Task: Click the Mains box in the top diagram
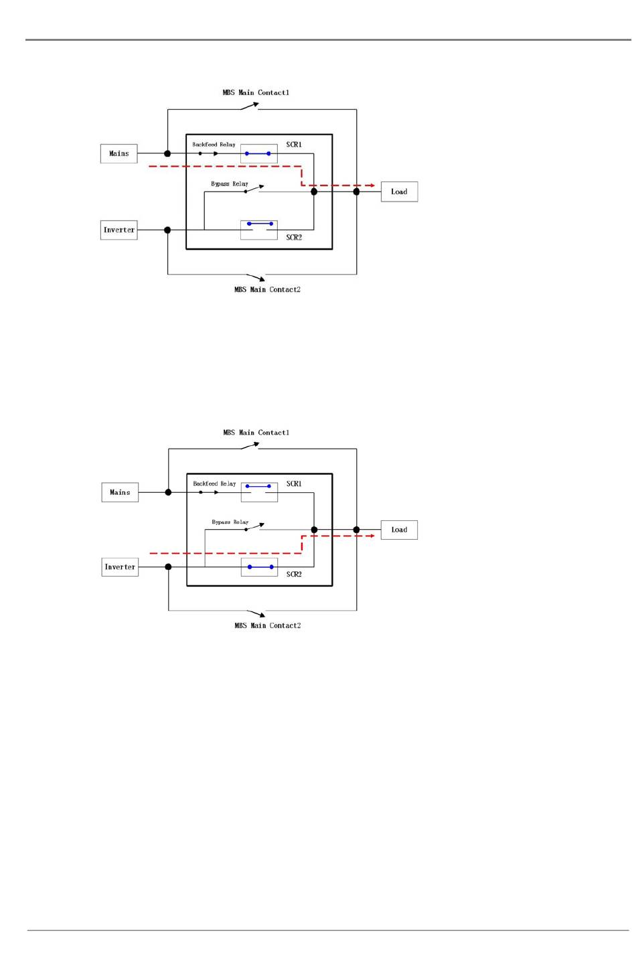pyautogui.click(x=119, y=153)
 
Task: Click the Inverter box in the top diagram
pyautogui.click(x=119, y=230)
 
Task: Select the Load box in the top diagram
pyautogui.click(x=399, y=192)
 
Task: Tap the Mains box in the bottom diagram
pyautogui.click(x=120, y=492)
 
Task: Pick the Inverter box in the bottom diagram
pyautogui.click(x=120, y=567)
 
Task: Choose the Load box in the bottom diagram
pyautogui.click(x=399, y=530)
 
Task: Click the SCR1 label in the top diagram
pyautogui.click(x=294, y=145)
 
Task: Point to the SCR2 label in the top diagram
pyautogui.click(x=294, y=237)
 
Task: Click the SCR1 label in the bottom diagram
pyautogui.click(x=294, y=484)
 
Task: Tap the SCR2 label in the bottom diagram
pyautogui.click(x=294, y=575)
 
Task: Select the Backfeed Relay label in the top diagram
pyautogui.click(x=214, y=145)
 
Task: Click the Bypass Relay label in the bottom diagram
pyautogui.click(x=230, y=522)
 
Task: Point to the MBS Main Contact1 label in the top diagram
pyautogui.click(x=256, y=92)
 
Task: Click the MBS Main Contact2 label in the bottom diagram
pyautogui.click(x=267, y=625)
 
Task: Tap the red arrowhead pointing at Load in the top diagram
pyautogui.click(x=372, y=185)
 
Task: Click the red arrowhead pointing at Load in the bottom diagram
pyautogui.click(x=372, y=536)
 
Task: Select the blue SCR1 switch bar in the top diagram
pyautogui.click(x=258, y=154)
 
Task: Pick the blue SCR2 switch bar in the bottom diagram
pyautogui.click(x=260, y=567)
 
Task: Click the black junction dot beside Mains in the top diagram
pyautogui.click(x=167, y=154)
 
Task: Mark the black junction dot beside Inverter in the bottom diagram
pyautogui.click(x=168, y=567)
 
